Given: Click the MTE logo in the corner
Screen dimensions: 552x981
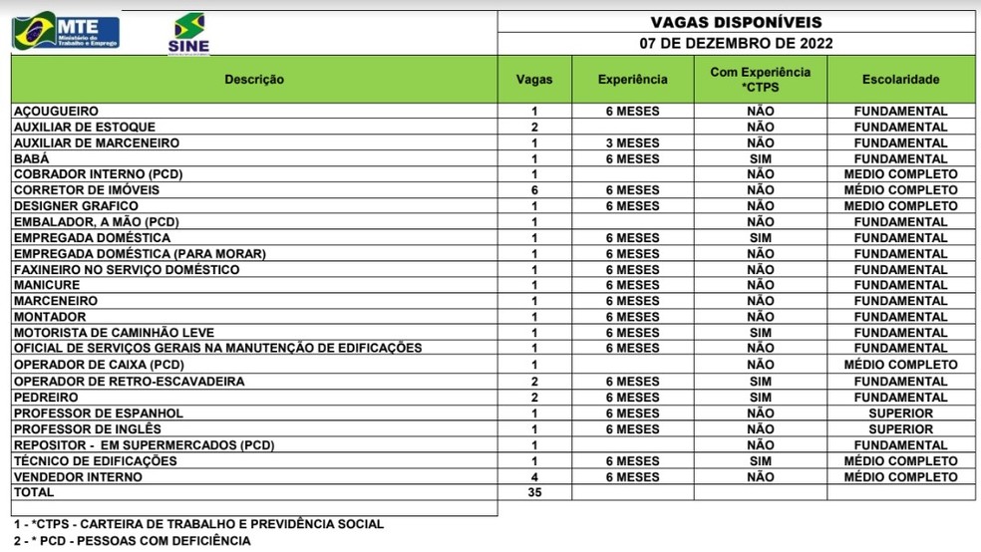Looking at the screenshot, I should pos(65,31).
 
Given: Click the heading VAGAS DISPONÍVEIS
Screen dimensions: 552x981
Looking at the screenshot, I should pos(736,22).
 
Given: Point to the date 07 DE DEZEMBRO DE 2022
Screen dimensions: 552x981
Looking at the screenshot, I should pos(736,43).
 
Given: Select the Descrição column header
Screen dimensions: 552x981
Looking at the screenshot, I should pos(254,80).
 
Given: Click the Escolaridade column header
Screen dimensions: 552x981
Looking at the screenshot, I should pos(900,80).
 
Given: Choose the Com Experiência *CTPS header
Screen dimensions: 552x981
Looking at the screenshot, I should pos(760,80).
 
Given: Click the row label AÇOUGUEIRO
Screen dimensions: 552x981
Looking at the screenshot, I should pos(56,112).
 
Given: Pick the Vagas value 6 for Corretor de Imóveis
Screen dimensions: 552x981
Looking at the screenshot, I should pos(534,190).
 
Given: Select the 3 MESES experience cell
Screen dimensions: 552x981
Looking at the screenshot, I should pos(632,143).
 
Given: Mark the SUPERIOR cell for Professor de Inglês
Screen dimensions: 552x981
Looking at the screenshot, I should pos(900,429).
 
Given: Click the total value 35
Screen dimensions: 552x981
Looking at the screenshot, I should pos(534,493).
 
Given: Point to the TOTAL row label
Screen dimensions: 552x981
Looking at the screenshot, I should pos(32,493).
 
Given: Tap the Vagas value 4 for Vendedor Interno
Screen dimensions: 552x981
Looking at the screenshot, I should pos(534,477).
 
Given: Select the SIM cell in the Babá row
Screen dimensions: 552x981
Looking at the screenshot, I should pos(760,159).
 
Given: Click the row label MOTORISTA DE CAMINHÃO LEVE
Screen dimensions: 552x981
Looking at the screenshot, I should pos(114,333).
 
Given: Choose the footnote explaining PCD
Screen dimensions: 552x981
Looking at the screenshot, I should pos(132,541).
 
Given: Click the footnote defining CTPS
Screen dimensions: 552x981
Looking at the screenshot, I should pos(197,524).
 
